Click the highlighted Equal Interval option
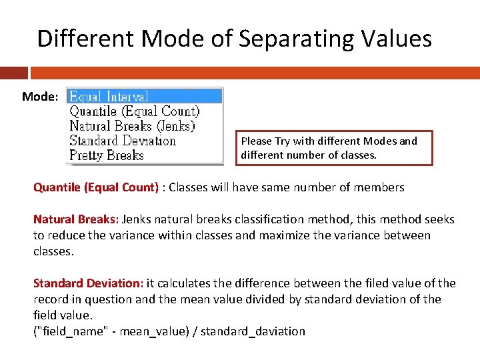pyautogui.click(x=109, y=97)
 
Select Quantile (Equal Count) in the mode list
pyautogui.click(x=134, y=111)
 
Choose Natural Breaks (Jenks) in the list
pyautogui.click(x=132, y=126)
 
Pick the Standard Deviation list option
pyautogui.click(x=122, y=141)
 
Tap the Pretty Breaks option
pyautogui.click(x=107, y=155)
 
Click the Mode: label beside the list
pyautogui.click(x=40, y=97)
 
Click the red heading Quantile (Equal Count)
pyautogui.click(x=96, y=187)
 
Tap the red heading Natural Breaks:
pyautogui.click(x=75, y=219)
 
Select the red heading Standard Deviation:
pyautogui.click(x=88, y=283)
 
